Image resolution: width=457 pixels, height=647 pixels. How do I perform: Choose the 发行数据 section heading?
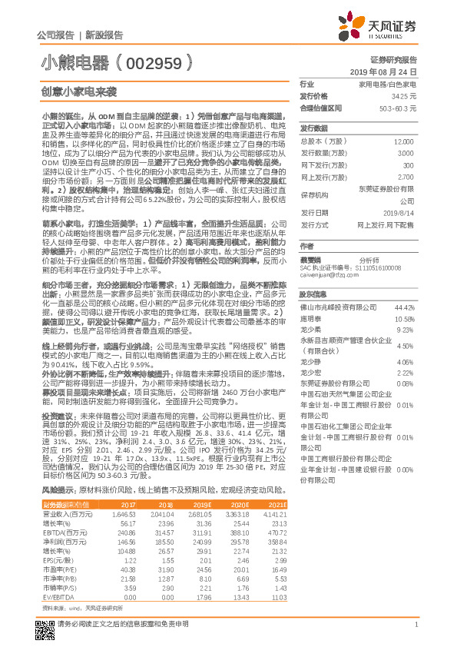(313, 128)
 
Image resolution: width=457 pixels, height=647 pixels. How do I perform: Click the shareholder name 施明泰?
(310, 317)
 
